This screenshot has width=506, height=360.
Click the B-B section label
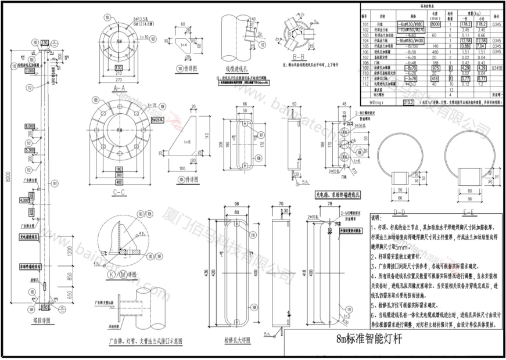(x=299, y=57)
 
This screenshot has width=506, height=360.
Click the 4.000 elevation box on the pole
(x=24, y=200)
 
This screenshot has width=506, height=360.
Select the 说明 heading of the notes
(x=377, y=217)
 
